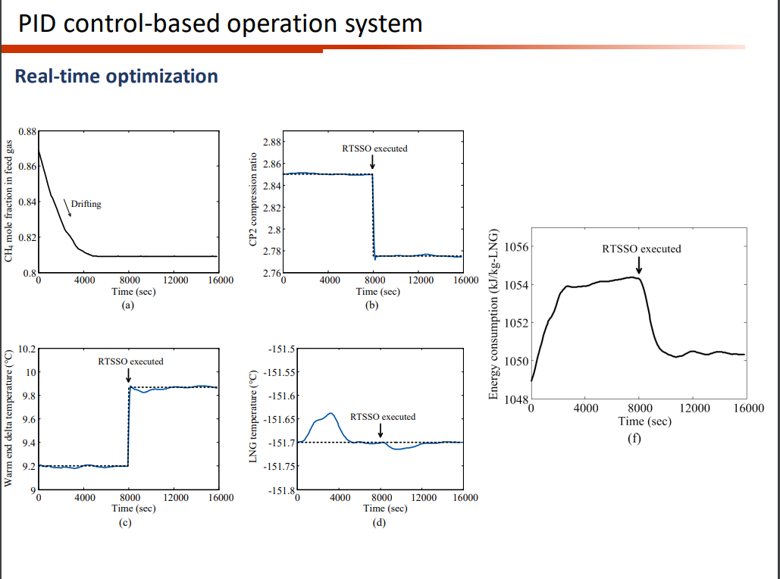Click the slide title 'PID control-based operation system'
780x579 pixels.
[x=220, y=23]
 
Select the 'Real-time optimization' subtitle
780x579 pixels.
[x=116, y=77]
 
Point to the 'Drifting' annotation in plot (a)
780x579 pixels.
[x=86, y=204]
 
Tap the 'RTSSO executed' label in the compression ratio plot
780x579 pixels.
[x=374, y=148]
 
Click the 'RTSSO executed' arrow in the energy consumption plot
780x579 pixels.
[x=639, y=265]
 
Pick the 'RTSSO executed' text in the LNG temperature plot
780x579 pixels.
[x=382, y=417]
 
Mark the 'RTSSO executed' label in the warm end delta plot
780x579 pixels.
[x=130, y=361]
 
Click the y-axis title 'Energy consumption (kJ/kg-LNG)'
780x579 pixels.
[x=494, y=314]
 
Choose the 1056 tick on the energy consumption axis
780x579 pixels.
[x=515, y=247]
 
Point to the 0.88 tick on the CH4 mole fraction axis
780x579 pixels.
[x=27, y=131]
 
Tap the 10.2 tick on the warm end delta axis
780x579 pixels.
[x=27, y=349]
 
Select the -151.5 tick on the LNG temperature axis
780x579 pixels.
[x=280, y=349]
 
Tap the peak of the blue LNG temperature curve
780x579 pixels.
[x=330, y=413]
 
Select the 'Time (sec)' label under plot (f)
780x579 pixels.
[x=639, y=421]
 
